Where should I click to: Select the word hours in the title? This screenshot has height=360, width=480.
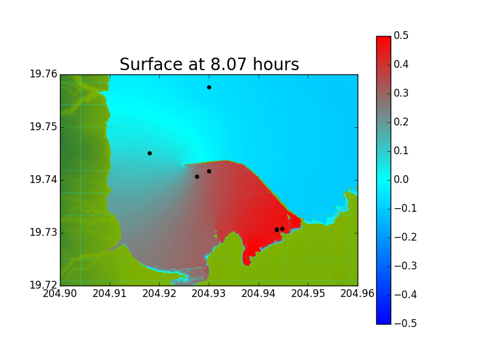[276, 64]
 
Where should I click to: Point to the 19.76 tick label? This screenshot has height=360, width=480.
[43, 74]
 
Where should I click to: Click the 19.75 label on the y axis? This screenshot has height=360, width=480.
[43, 127]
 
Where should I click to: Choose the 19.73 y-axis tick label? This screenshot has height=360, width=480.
[43, 232]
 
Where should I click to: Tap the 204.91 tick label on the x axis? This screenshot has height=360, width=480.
[110, 293]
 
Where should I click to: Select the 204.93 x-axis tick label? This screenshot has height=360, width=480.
[209, 293]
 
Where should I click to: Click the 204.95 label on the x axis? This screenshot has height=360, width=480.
[308, 293]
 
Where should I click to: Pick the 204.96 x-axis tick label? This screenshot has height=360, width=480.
[357, 293]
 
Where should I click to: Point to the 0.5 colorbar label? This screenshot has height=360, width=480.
[401, 35]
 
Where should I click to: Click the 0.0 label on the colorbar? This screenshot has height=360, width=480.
[401, 179]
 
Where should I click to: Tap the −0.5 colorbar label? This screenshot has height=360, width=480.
[406, 323]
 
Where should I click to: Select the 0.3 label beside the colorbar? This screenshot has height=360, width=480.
[401, 93]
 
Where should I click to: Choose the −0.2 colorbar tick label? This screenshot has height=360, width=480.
[406, 237]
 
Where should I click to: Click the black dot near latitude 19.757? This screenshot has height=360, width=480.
[209, 87]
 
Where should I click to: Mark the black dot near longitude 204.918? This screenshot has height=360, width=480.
[149, 153]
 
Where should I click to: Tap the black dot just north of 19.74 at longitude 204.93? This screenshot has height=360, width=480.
[209, 171]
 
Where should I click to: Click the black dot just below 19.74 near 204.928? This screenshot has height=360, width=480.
[197, 176]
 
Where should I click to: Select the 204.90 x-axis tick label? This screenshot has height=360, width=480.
[59, 293]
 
